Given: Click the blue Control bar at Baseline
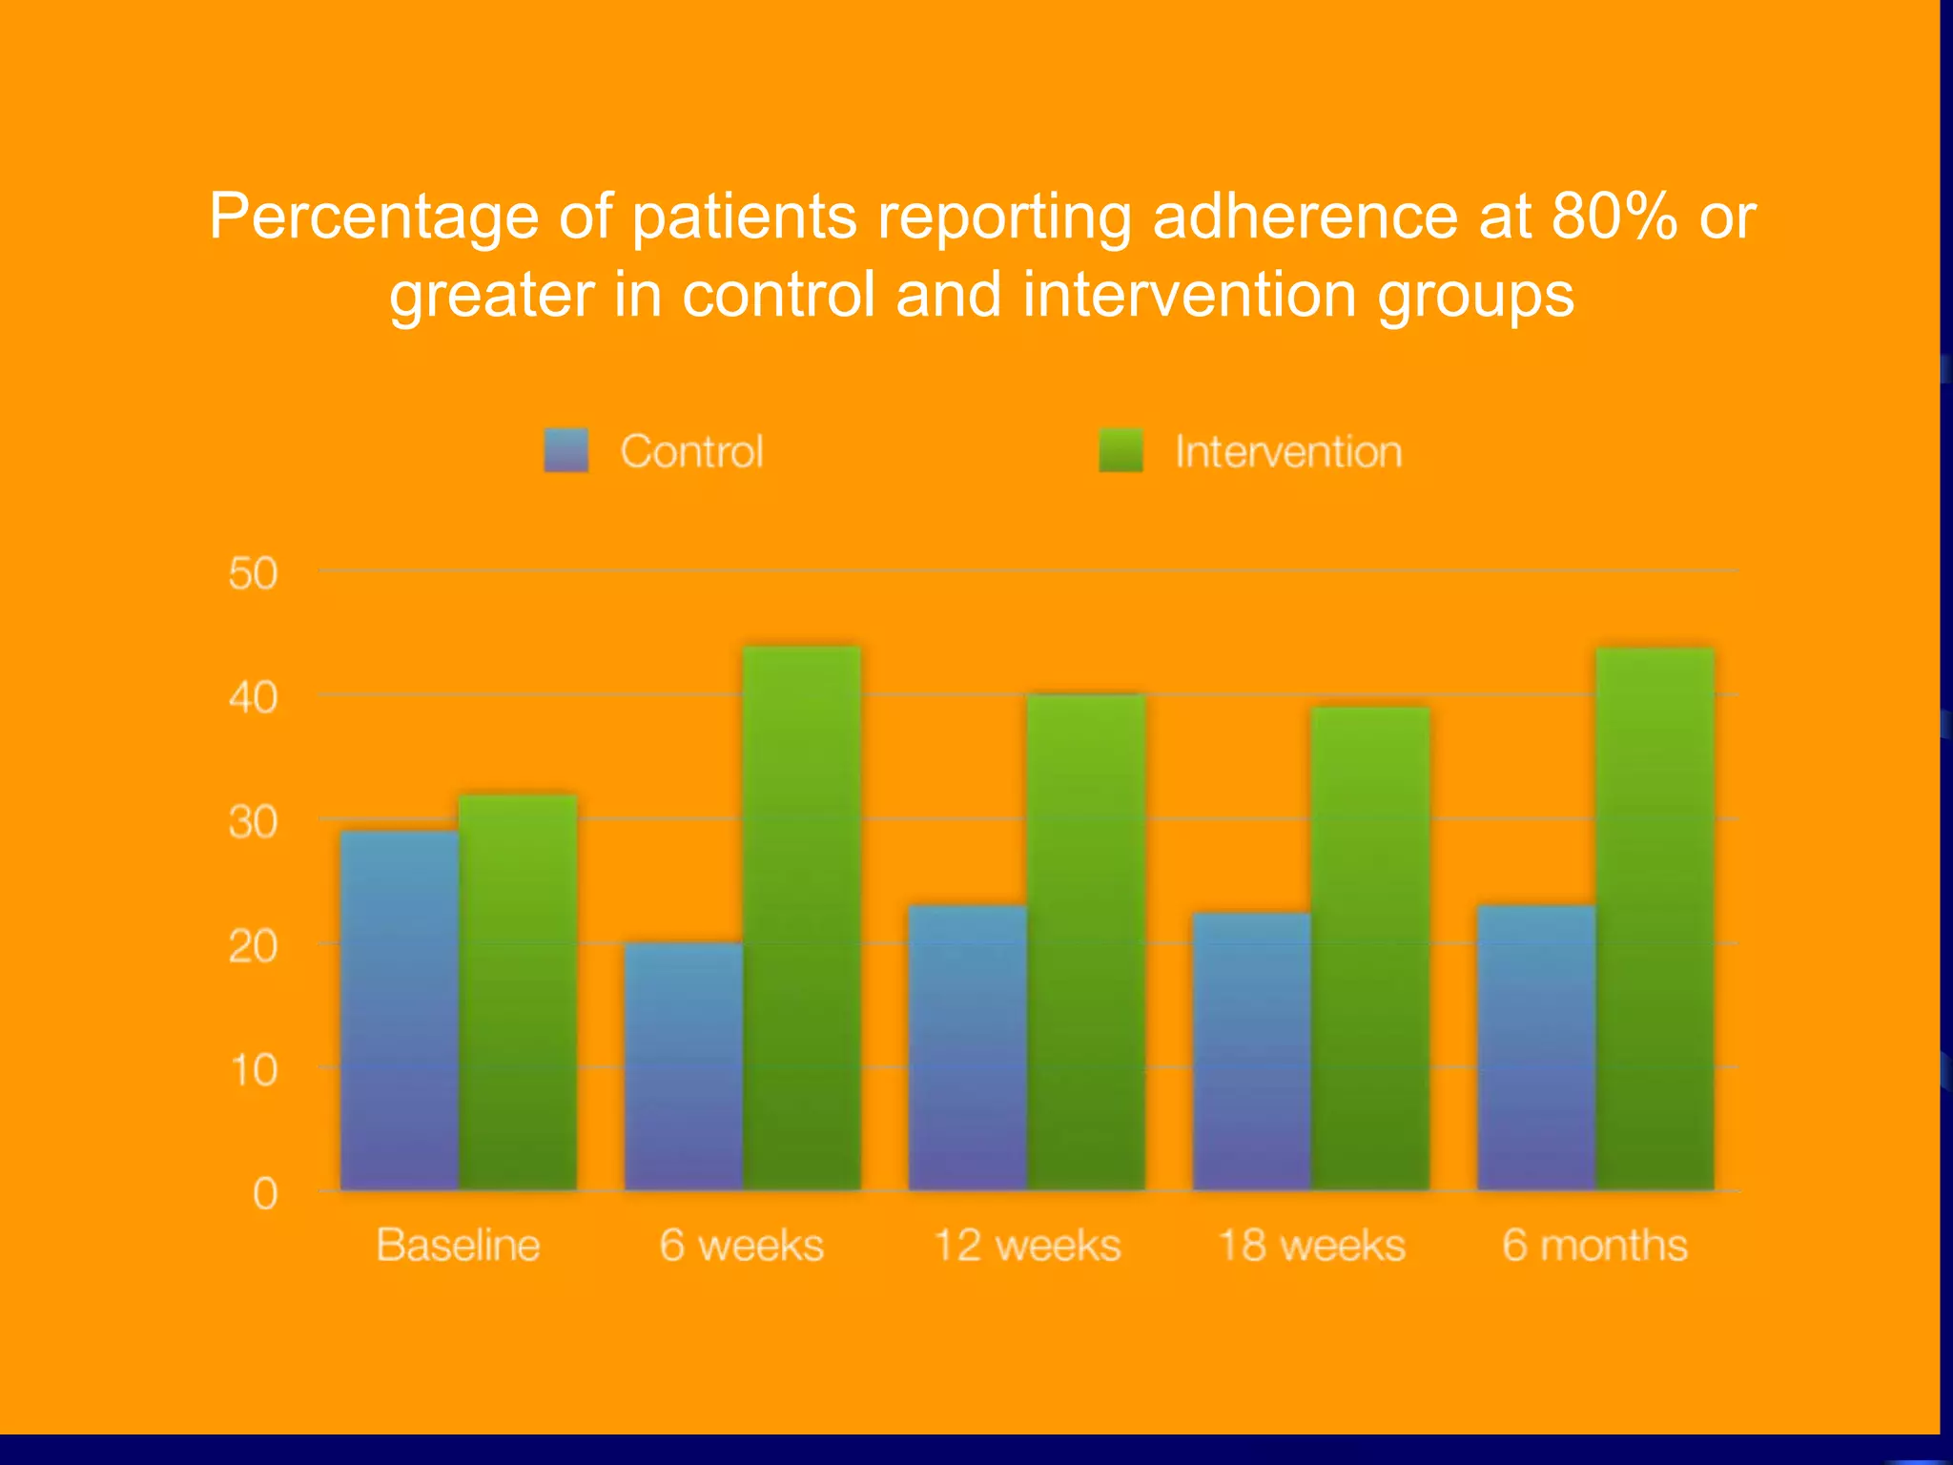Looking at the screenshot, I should coord(400,1011).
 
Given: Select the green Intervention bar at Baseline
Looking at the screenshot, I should coord(518,992).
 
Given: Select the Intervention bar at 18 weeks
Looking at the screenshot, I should coord(1370,948).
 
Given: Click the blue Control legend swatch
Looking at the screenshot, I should coord(566,450).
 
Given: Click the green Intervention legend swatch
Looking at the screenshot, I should coord(1120,450).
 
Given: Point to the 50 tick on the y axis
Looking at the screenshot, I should coord(253,574).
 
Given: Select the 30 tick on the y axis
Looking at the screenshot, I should coord(253,822).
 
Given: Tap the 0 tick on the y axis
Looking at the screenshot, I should coord(265,1194).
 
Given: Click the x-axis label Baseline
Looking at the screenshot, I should coord(458,1246).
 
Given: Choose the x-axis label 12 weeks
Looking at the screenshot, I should coord(1027,1246).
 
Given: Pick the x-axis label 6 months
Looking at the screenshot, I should coord(1594,1246).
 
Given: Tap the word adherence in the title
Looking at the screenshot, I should coord(1305,217).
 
